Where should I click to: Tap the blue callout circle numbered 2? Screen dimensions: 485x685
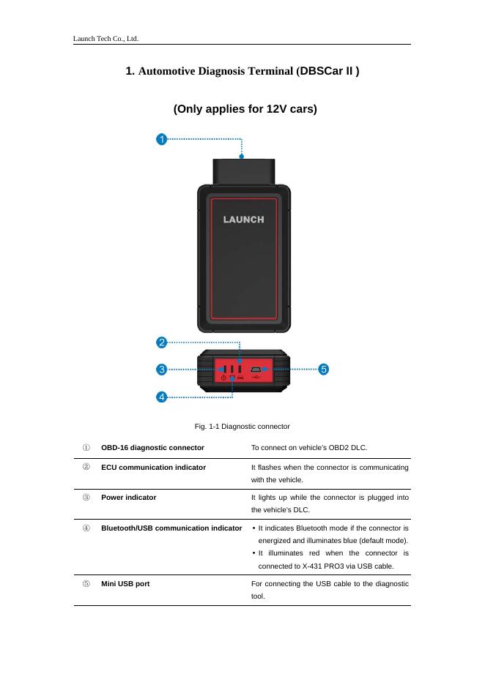(161, 342)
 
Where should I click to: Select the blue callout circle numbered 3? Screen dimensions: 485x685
(161, 370)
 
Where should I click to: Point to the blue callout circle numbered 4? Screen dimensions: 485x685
(161, 397)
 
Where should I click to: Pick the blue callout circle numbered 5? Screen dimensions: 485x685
(323, 370)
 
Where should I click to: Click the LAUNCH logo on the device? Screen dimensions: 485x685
(243, 219)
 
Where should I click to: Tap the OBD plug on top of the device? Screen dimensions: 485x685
(242, 171)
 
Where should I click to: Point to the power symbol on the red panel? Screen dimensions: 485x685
(223, 378)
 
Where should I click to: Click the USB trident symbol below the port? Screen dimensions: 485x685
(256, 378)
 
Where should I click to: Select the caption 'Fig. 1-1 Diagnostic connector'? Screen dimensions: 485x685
(242, 426)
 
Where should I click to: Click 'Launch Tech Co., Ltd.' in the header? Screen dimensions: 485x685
(106, 38)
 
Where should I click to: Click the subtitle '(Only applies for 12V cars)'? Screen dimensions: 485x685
(245, 110)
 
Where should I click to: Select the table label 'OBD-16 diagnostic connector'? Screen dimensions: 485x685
(152, 446)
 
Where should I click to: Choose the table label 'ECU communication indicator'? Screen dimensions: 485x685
(153, 467)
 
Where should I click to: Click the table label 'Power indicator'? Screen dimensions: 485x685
(128, 497)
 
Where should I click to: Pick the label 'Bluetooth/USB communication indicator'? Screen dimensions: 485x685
(171, 528)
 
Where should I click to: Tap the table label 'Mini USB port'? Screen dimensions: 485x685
(125, 584)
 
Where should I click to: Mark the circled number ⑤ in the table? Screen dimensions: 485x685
(86, 584)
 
